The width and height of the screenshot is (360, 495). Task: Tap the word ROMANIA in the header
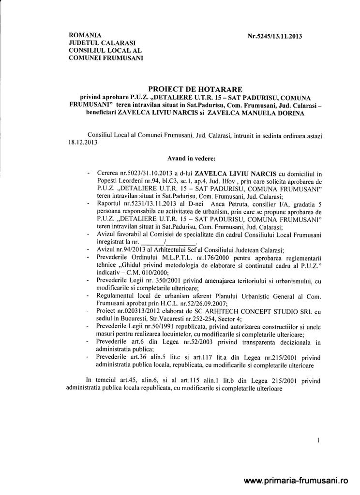coord(85,35)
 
